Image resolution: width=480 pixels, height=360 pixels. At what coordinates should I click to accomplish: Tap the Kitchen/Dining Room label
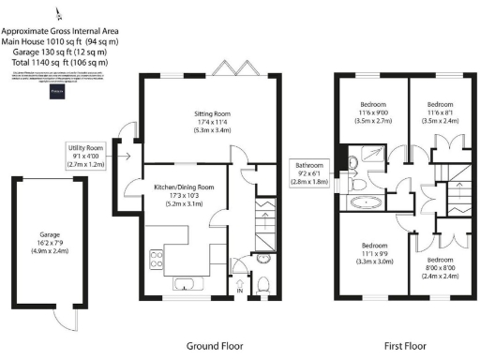[x=184, y=187]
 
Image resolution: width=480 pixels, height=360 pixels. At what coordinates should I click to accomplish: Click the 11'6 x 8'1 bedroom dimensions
[x=440, y=112]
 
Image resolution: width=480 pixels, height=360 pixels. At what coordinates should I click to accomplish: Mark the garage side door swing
[x=62, y=321]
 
